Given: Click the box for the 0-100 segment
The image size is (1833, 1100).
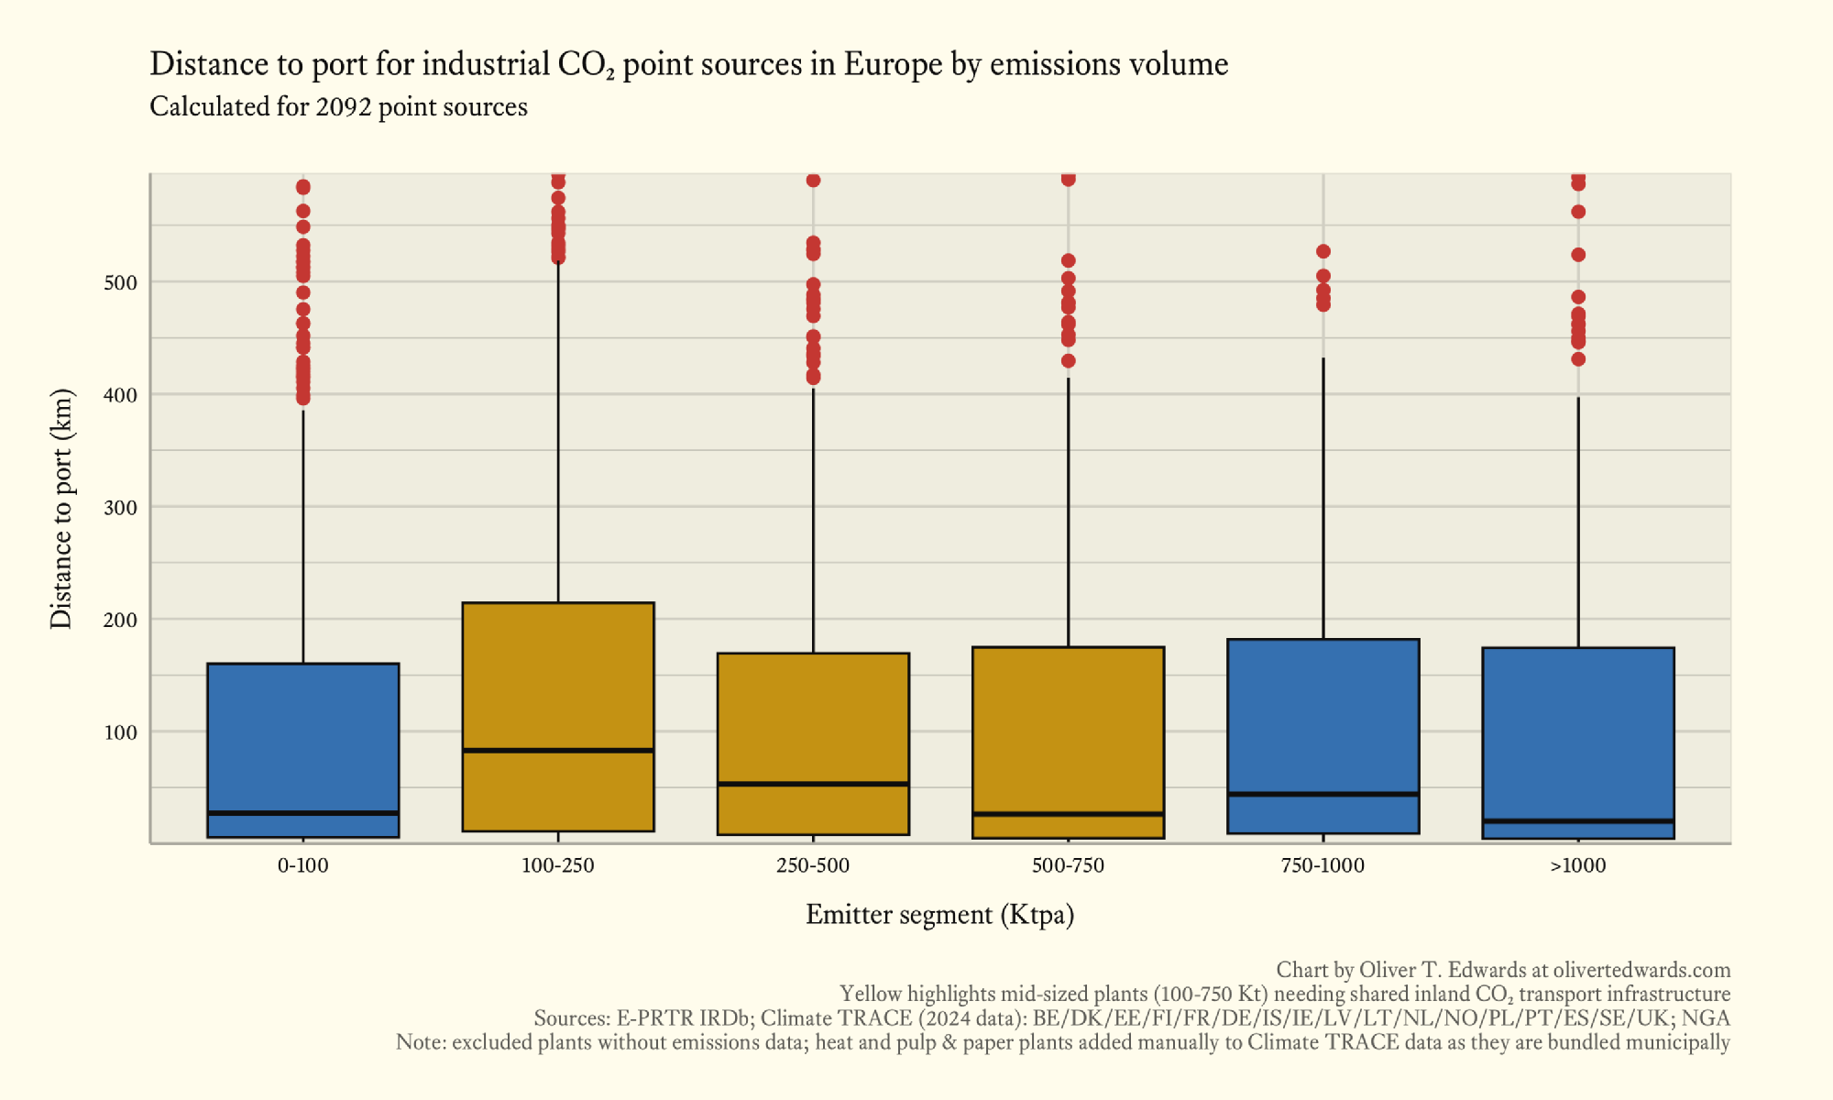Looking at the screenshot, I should tap(302, 733).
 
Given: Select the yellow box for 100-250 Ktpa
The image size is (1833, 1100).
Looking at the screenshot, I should tap(557, 678).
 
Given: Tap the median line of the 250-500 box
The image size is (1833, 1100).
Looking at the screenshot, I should tap(813, 784).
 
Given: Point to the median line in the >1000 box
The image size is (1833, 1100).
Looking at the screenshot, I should tap(1577, 821).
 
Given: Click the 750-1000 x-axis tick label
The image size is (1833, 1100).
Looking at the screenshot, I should tap(1323, 865).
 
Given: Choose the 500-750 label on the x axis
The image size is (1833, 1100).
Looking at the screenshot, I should tap(1068, 865).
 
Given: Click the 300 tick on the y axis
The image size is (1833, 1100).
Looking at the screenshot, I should tap(120, 508).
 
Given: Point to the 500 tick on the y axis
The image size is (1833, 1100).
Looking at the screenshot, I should tap(120, 283).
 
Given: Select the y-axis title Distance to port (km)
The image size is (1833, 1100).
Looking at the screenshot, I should tap(61, 509).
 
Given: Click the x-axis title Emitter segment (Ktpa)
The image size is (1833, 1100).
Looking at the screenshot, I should tap(939, 915).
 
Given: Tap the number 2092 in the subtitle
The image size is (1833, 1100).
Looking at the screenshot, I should tap(344, 107).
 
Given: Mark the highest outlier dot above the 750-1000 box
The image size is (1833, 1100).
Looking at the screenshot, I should tap(1323, 251).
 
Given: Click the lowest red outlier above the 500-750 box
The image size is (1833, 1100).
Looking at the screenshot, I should tap(1068, 361).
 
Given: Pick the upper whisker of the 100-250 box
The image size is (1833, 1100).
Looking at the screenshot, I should tap(558, 431).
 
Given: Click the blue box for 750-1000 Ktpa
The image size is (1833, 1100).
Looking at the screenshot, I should tap(1323, 715).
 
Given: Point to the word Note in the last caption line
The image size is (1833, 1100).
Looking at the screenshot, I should tap(417, 1042).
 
